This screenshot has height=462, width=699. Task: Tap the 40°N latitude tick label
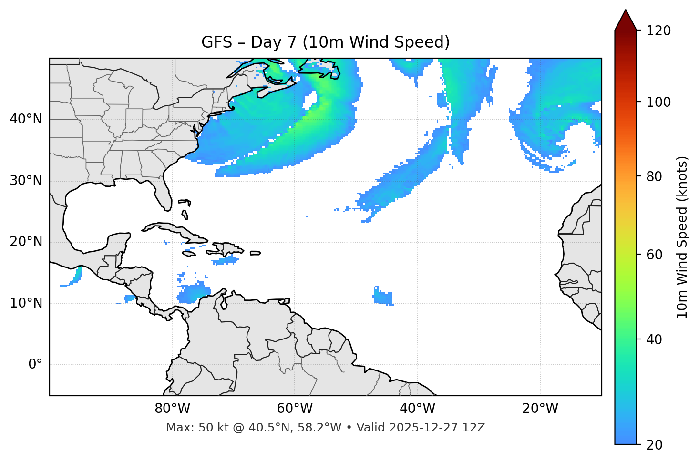pos(26,119)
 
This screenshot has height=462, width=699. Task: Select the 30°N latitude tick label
pos(26,181)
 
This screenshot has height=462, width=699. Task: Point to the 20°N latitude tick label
pos(26,242)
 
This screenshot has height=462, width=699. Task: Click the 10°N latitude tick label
pos(26,303)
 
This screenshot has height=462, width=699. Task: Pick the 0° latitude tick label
pos(35,365)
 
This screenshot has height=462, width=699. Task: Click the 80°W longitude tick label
pos(172,409)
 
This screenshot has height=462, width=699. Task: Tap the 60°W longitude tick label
pos(295,409)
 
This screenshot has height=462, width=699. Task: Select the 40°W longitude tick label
pos(417,409)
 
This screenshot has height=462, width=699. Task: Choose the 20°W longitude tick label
pos(540,409)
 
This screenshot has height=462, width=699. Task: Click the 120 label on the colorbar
pos(658,31)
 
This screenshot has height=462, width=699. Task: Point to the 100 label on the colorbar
pos(658,102)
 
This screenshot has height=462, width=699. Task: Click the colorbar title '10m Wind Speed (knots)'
pos(682,237)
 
